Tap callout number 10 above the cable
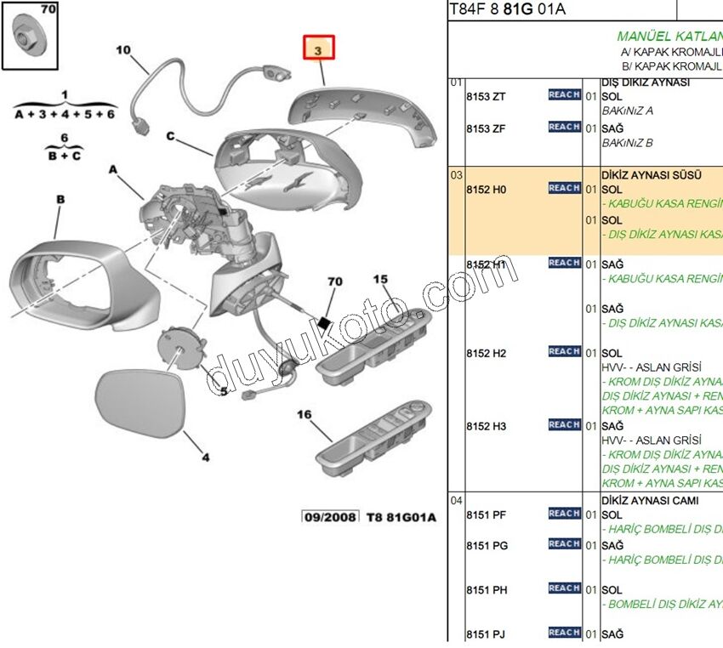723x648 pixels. click(123, 50)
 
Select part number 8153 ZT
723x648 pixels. click(486, 97)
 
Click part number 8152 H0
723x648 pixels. click(486, 190)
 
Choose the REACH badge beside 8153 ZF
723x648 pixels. click(564, 128)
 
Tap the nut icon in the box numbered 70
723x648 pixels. click(30, 37)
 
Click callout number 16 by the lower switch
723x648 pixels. click(305, 415)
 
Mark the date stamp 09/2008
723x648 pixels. click(329, 517)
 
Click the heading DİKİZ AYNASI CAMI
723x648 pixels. click(650, 501)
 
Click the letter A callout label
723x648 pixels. click(112, 170)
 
